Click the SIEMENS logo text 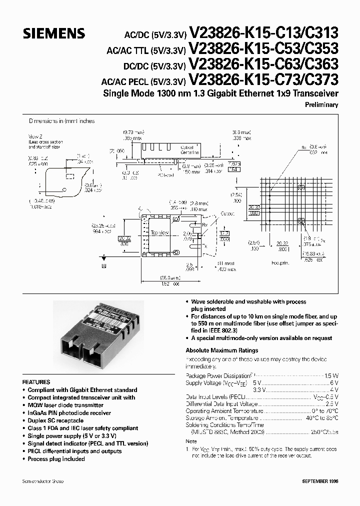pyautogui.click(x=54, y=33)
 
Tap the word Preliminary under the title pyautogui.click(x=321, y=105)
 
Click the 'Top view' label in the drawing pyautogui.click(x=160, y=233)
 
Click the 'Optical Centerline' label pyautogui.click(x=190, y=150)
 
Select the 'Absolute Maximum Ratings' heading pyautogui.click(x=221, y=350)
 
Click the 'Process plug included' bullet pyautogui.click(x=56, y=459)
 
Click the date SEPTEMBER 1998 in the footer pyautogui.click(x=320, y=481)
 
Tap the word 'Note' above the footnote pyautogui.click(x=191, y=441)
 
